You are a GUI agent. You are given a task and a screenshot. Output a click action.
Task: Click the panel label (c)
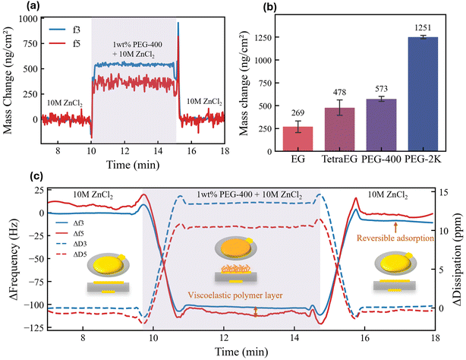pos(12,178)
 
